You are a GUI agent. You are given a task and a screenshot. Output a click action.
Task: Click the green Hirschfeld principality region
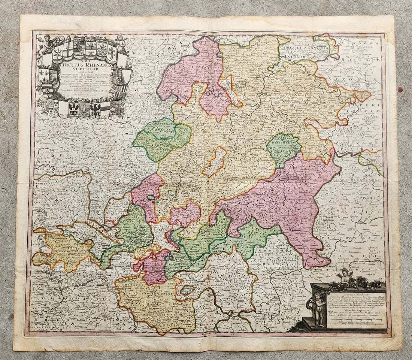pos(284,148)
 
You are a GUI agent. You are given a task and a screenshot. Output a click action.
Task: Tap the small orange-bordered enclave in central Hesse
pos(214,162)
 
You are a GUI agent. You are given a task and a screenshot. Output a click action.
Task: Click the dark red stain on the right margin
pos(400,90)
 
